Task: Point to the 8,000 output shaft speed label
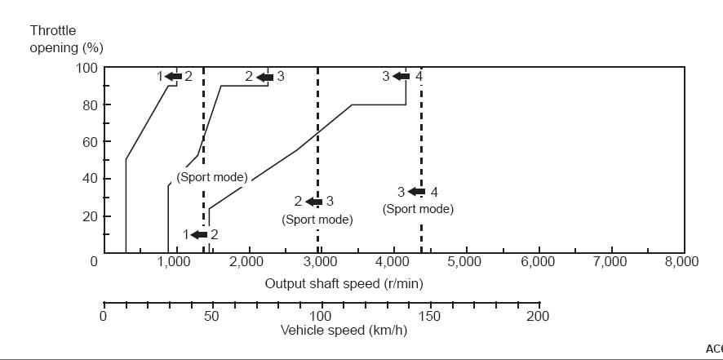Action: click(680, 261)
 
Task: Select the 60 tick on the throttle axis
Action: click(88, 142)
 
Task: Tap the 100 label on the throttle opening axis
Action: click(86, 68)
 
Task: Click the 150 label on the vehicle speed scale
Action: click(429, 317)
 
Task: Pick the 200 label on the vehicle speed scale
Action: click(538, 317)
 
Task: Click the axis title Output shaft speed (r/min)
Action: click(344, 283)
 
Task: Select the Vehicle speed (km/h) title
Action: click(344, 331)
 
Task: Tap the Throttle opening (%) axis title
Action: click(66, 39)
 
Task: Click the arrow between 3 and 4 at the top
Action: click(401, 77)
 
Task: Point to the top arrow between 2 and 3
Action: click(264, 77)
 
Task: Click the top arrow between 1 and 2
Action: click(172, 77)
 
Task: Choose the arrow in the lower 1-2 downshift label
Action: click(199, 235)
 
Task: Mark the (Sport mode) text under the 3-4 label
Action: click(418, 209)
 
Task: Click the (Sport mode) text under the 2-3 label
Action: click(317, 220)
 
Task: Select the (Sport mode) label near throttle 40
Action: click(212, 177)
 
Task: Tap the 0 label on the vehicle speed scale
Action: click(103, 317)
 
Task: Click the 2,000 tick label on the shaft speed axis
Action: click(245, 261)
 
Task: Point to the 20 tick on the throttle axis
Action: click(88, 216)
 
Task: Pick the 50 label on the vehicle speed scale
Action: click(211, 317)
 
